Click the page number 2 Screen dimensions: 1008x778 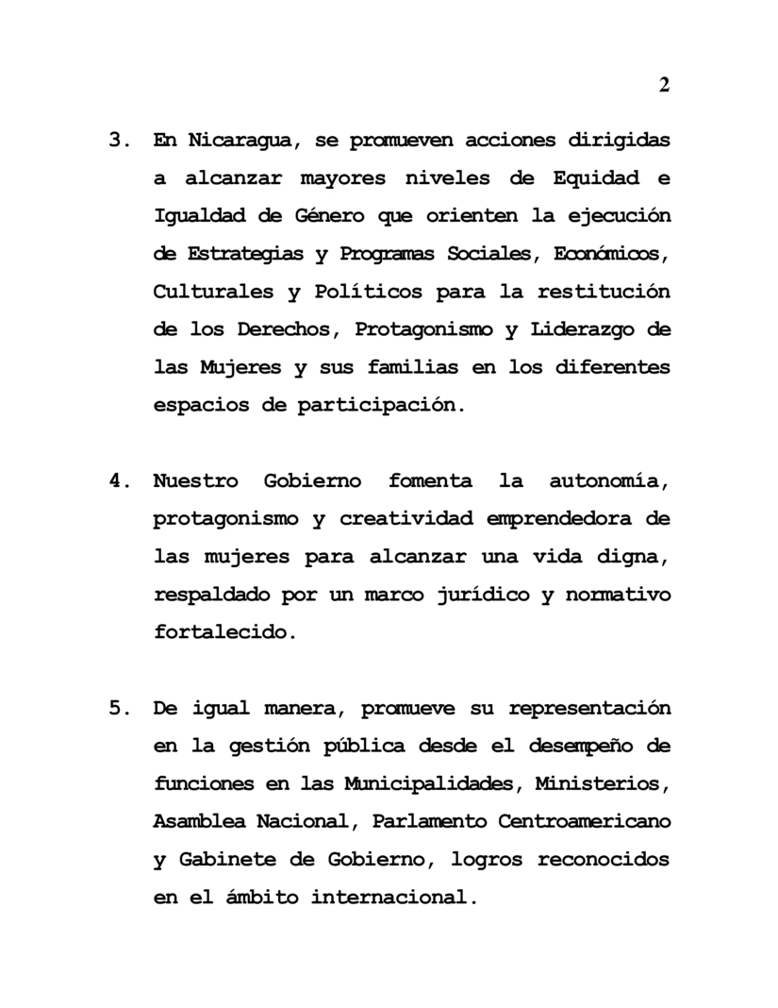point(664,86)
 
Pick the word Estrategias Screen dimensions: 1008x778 point(232,254)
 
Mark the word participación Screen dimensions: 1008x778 point(381,405)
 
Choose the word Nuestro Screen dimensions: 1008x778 point(196,481)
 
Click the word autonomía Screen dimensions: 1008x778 point(609,481)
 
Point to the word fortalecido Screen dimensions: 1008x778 point(224,632)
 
